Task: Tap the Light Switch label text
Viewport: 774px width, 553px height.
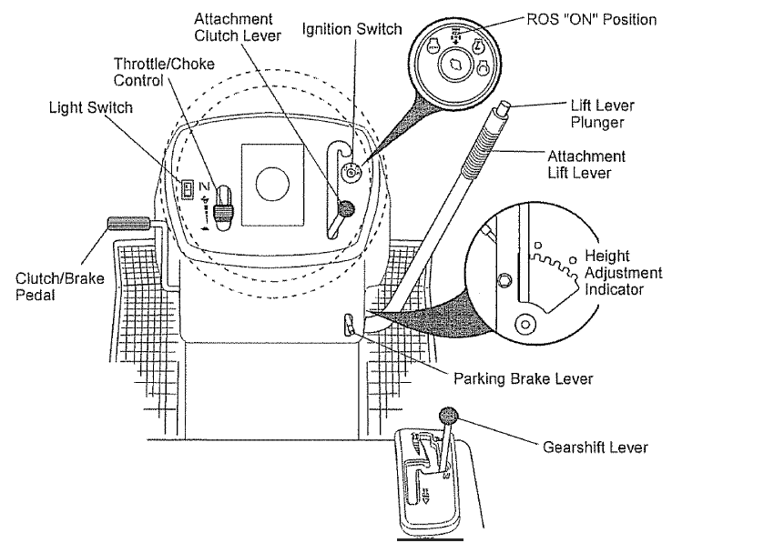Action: tap(90, 108)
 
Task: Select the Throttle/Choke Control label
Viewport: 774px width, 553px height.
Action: tap(151, 72)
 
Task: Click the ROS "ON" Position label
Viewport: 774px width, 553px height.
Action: tap(591, 19)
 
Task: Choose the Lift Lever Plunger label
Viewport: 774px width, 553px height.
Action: tap(602, 113)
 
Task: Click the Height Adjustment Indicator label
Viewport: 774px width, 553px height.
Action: tap(623, 273)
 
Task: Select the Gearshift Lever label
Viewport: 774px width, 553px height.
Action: tap(595, 447)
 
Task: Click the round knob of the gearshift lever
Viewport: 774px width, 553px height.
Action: tap(450, 416)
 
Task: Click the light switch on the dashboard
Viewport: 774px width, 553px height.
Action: tap(187, 189)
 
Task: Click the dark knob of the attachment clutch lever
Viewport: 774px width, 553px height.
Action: tap(344, 209)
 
